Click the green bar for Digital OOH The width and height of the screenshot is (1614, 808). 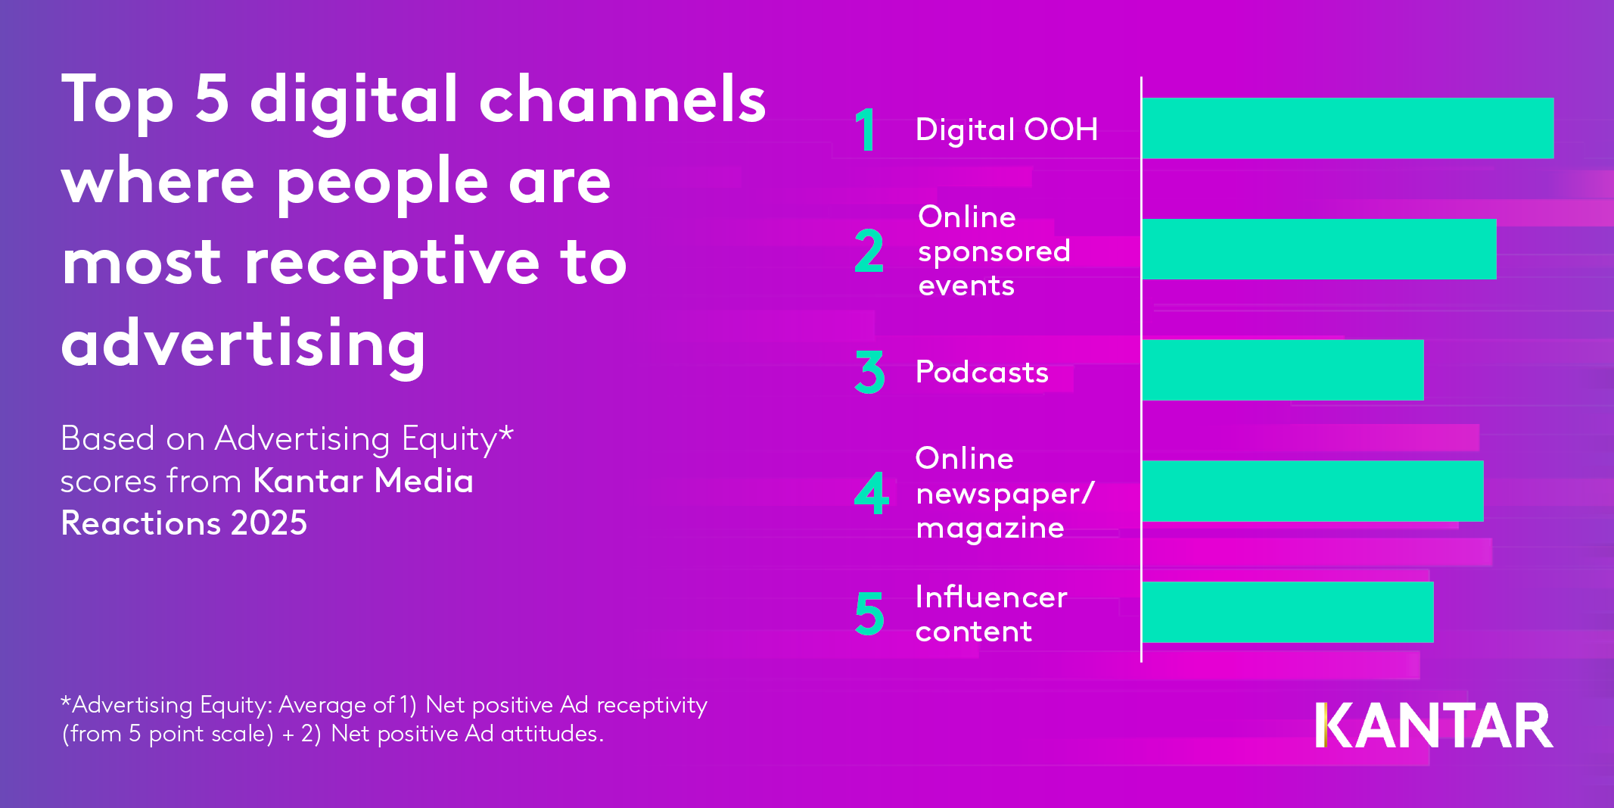tap(1347, 128)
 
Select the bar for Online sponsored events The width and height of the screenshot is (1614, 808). tap(1319, 249)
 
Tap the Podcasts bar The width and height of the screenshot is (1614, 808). tap(1283, 370)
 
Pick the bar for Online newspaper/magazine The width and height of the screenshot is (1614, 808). tap(1312, 491)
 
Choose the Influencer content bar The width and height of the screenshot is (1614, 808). tap(1287, 612)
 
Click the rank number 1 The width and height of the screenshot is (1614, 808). tap(866, 129)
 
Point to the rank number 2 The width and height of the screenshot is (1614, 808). tap(869, 251)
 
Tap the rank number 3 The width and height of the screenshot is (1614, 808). tap(869, 372)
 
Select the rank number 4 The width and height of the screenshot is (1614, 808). tap(871, 493)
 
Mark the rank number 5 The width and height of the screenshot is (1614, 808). tap(869, 613)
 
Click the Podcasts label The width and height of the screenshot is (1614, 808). tap(981, 372)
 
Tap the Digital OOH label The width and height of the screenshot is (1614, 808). tap(1006, 129)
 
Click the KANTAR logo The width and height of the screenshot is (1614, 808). tap(1433, 725)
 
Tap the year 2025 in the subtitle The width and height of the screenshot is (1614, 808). tap(269, 523)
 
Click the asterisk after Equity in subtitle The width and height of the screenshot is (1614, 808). tap(506, 434)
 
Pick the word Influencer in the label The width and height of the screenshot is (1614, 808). tap(990, 597)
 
